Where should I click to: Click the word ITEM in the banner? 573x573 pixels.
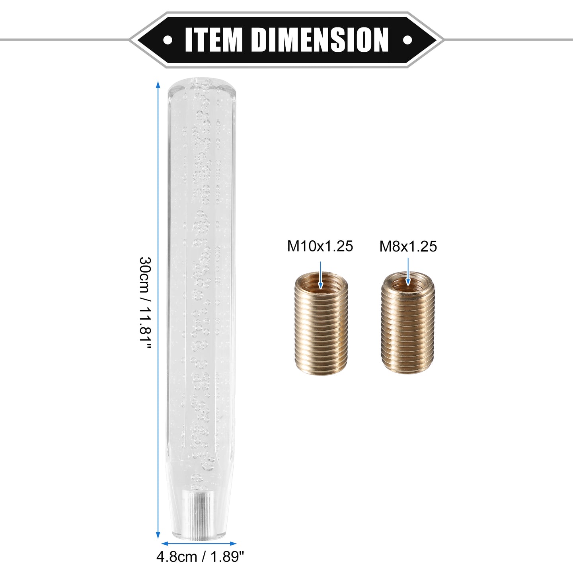pos(213,40)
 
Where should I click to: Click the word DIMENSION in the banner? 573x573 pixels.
pos(320,40)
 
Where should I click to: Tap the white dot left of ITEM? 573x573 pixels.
pos(168,39)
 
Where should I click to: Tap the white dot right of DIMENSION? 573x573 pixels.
pos(407,39)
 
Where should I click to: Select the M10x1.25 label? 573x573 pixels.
pos(320,246)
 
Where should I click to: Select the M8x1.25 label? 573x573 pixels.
pos(408,246)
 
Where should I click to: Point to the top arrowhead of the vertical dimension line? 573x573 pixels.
pos(158,84)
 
